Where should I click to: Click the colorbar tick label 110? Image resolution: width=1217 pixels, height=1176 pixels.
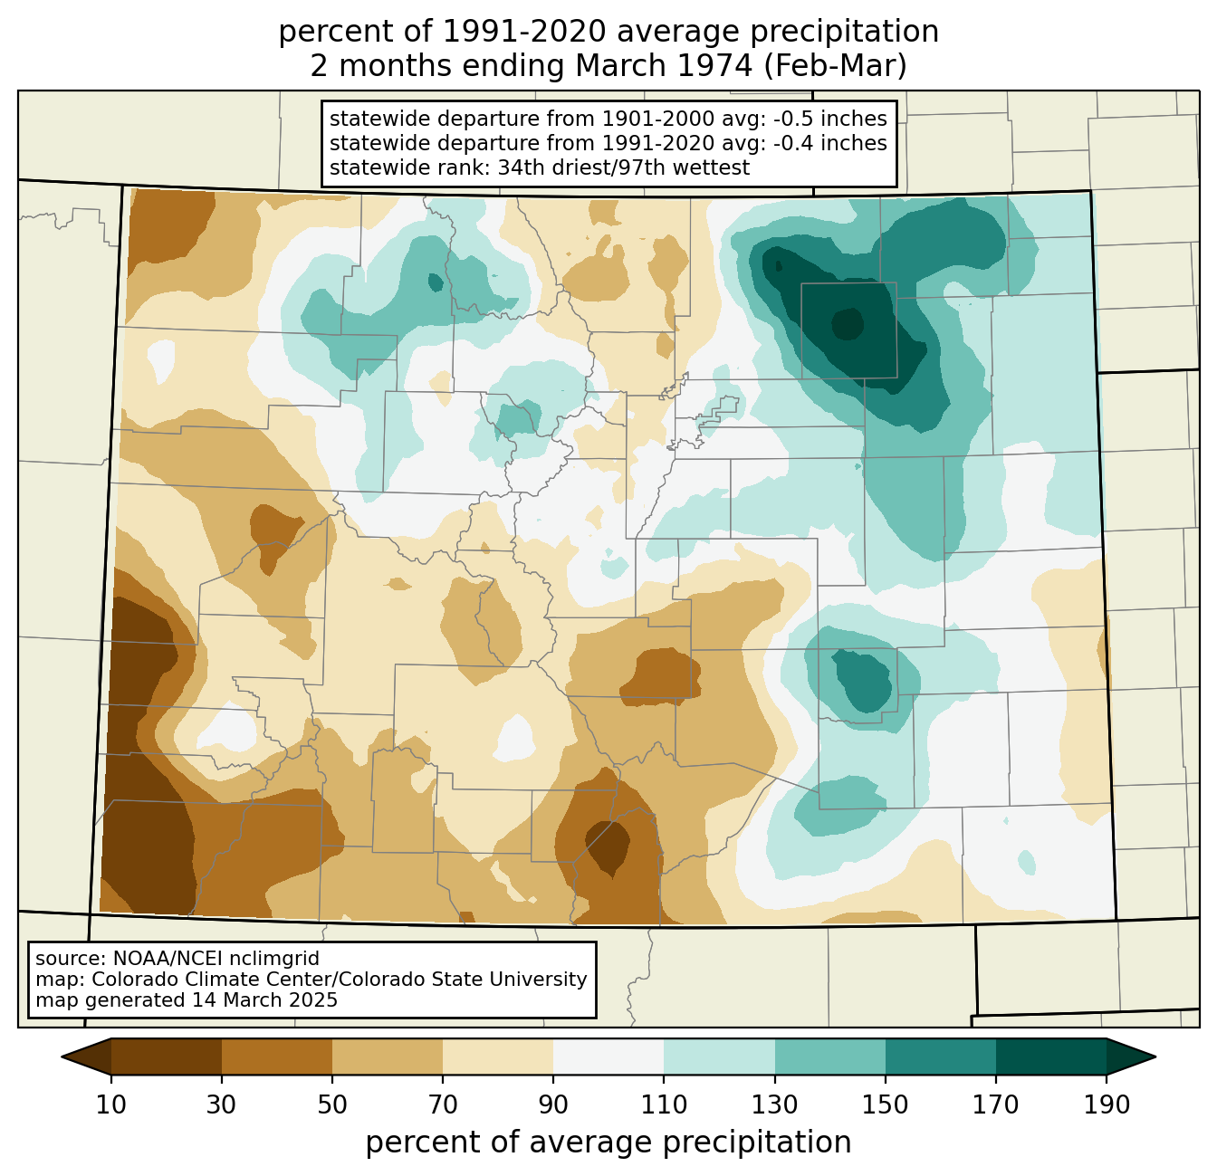click(664, 1104)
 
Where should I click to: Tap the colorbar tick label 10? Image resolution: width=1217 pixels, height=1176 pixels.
click(110, 1104)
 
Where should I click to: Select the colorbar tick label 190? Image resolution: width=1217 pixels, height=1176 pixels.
click(1107, 1104)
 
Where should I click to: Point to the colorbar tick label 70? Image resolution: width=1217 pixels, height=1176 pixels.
click(443, 1104)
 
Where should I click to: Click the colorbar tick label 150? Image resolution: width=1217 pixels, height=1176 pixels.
click(885, 1104)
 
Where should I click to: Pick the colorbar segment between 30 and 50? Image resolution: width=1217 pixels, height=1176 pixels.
click(277, 1056)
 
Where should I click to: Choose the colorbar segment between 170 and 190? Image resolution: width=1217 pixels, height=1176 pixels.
click(1050, 1056)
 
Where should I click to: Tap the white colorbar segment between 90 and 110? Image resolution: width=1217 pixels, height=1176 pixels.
click(608, 1056)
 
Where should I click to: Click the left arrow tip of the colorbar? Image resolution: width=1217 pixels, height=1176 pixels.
click(62, 1056)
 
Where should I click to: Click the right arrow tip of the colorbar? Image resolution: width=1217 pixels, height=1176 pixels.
click(1155, 1056)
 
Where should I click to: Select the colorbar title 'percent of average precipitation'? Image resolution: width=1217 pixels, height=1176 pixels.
click(608, 1142)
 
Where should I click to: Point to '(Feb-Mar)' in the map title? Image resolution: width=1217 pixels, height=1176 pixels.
click(836, 66)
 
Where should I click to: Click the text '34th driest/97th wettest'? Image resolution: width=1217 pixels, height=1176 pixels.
click(624, 168)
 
